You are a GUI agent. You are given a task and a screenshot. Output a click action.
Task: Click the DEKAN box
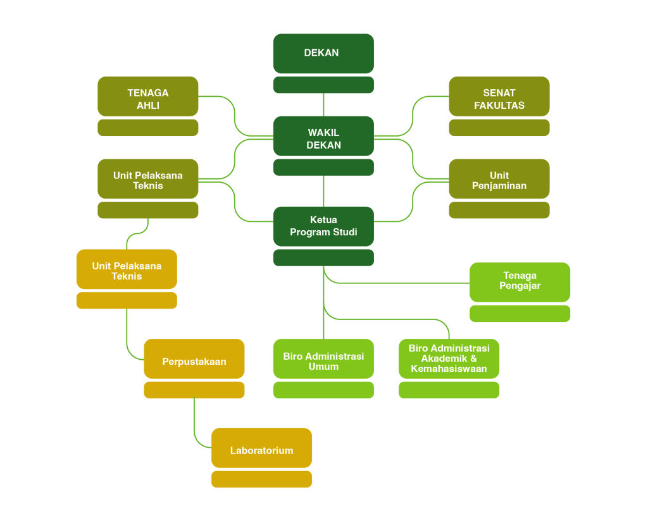pos(323,53)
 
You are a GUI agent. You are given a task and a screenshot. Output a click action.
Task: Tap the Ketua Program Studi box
pos(323,226)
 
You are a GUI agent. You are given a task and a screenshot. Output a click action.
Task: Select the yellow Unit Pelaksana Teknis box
pos(127,269)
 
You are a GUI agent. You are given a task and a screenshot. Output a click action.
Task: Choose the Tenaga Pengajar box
pos(520,281)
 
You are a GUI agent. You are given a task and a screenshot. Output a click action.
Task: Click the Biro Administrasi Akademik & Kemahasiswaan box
pos(449,359)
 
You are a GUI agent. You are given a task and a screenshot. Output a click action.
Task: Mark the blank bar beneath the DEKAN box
pos(323,85)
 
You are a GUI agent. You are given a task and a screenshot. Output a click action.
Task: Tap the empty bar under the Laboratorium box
pos(261,479)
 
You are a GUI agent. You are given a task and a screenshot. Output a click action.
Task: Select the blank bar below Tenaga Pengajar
pos(520,314)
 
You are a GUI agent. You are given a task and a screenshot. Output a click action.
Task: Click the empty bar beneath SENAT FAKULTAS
pos(499,128)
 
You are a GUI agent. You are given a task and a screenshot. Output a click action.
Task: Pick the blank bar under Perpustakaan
pos(194,390)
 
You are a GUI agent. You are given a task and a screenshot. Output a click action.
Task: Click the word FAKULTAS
pos(499,106)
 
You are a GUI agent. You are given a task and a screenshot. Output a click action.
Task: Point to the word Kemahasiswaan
pos(449,369)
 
